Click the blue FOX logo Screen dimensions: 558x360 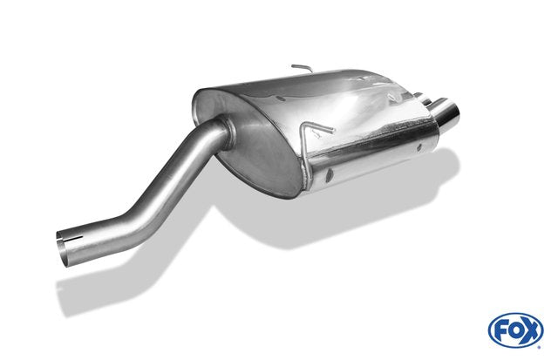click(515, 330)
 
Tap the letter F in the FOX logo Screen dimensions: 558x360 click(501, 331)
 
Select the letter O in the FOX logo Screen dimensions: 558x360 click(515, 331)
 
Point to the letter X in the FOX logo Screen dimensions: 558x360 click(530, 331)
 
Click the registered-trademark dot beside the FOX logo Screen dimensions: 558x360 click(541, 347)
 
